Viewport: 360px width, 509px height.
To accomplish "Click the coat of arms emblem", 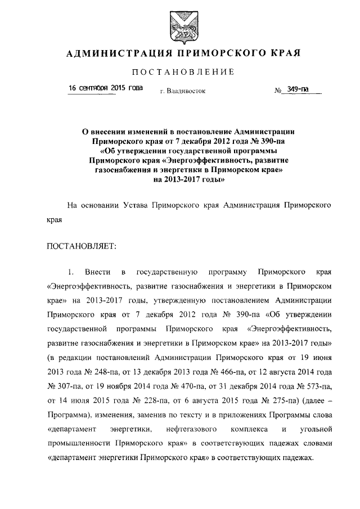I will pos(179,26).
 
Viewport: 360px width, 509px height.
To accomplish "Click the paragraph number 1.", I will pos(70,273).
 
